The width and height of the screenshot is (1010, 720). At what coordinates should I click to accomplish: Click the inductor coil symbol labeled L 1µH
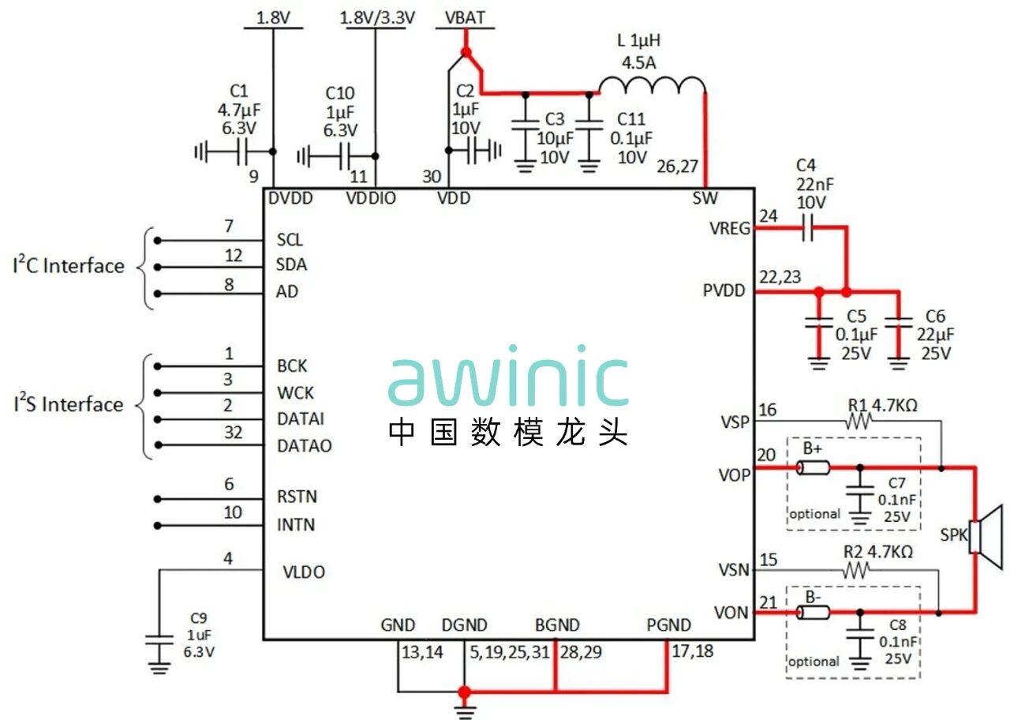point(652,85)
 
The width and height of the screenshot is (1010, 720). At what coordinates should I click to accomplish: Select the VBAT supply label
point(465,17)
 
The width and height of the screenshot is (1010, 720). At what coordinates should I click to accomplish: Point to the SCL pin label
point(290,240)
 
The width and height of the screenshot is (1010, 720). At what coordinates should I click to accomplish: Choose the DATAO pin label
point(305,445)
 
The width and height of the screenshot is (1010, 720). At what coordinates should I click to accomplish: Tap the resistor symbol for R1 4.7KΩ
point(858,422)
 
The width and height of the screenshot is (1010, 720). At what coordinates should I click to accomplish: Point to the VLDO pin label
point(304,572)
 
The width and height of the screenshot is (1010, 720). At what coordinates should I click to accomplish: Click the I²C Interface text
point(69,266)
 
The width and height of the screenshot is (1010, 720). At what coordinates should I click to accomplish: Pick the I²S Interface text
point(69,405)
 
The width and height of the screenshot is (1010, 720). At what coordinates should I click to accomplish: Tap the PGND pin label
point(668,626)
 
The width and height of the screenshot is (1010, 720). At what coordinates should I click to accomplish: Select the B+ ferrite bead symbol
point(813,469)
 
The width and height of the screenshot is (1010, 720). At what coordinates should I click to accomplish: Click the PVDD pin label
point(724,291)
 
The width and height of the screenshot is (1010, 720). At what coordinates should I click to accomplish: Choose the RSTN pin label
point(297,497)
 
